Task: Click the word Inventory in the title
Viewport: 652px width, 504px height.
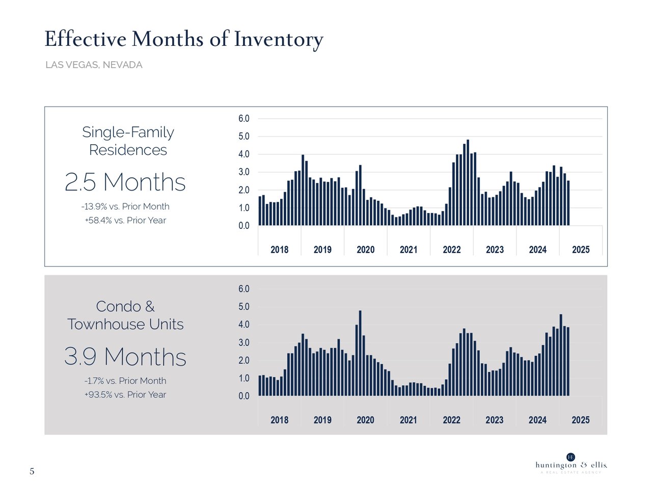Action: coord(278,40)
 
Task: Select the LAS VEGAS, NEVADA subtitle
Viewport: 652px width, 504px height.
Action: coord(94,65)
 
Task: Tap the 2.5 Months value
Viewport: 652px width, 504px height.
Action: coord(125,182)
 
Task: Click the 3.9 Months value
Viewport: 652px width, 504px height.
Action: coord(125,357)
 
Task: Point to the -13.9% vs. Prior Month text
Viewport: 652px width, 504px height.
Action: coord(125,206)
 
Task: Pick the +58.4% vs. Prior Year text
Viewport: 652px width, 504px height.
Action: coord(125,220)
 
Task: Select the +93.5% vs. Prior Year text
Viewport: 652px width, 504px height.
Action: coord(125,394)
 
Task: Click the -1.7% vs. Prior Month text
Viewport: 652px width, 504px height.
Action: coord(125,381)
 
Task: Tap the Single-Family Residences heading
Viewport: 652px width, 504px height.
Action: coord(128,141)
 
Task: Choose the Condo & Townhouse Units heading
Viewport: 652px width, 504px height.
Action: coord(125,315)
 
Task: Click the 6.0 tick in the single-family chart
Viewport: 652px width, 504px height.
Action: coord(244,119)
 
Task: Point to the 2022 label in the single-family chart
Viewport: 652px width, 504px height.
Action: coord(451,250)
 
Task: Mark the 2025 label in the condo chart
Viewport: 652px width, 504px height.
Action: coord(581,420)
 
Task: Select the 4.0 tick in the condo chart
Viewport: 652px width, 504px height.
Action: coord(244,325)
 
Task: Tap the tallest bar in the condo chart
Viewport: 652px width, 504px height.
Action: coord(360,353)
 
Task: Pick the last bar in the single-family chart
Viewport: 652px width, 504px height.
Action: coord(568,203)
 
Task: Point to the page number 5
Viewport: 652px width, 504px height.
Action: coord(32,471)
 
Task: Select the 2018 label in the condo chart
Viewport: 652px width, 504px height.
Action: coord(279,420)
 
